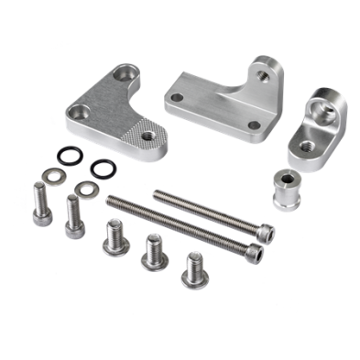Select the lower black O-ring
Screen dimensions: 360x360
coord(101,168)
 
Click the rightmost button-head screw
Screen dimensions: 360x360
coord(192,267)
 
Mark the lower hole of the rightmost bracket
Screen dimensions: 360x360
coord(301,145)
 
